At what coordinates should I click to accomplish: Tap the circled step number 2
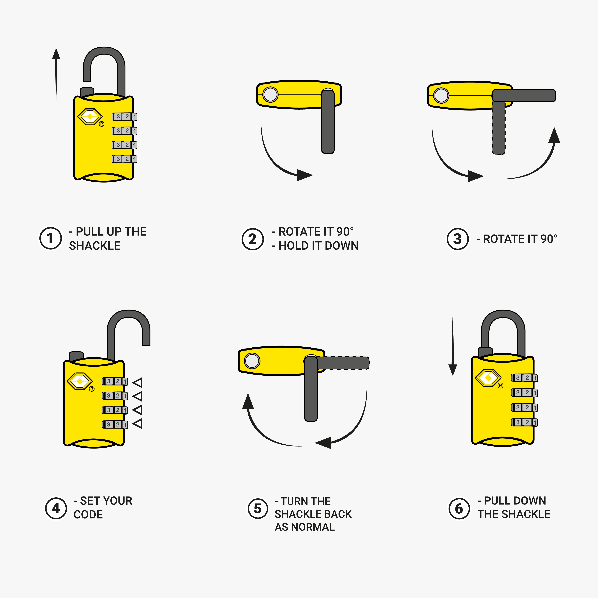click(253, 239)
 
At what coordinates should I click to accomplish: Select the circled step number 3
click(457, 239)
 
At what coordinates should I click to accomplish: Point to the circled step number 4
click(56, 508)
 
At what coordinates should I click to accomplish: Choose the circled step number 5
click(257, 509)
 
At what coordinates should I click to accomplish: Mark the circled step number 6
click(459, 509)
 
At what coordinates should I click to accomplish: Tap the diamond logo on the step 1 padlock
click(90, 117)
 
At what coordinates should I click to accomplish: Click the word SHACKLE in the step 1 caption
click(95, 246)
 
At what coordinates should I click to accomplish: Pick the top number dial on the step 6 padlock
click(524, 378)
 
